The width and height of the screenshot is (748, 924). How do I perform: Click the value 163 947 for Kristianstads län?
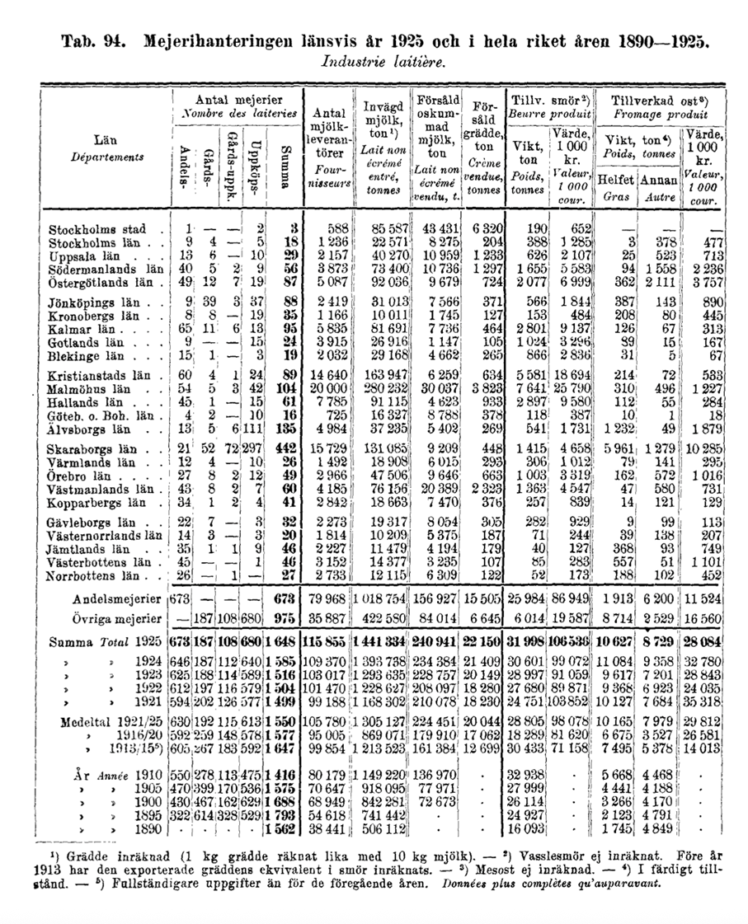coord(383,375)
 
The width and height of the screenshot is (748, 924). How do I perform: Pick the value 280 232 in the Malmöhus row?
coord(383,387)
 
